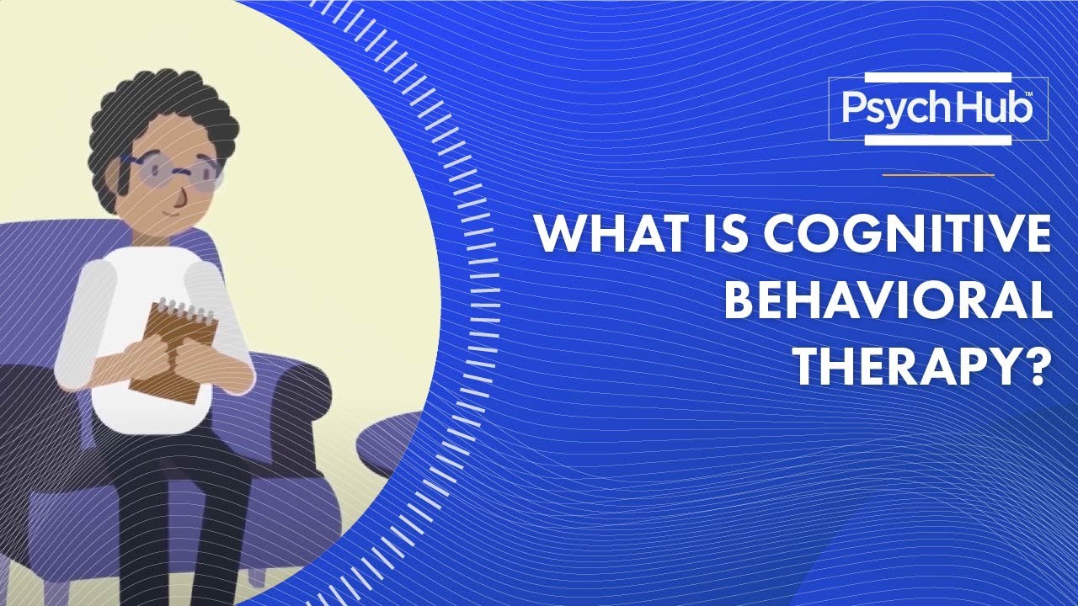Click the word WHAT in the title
(x=590, y=237)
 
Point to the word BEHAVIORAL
(x=889, y=302)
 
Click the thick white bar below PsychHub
(x=937, y=139)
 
